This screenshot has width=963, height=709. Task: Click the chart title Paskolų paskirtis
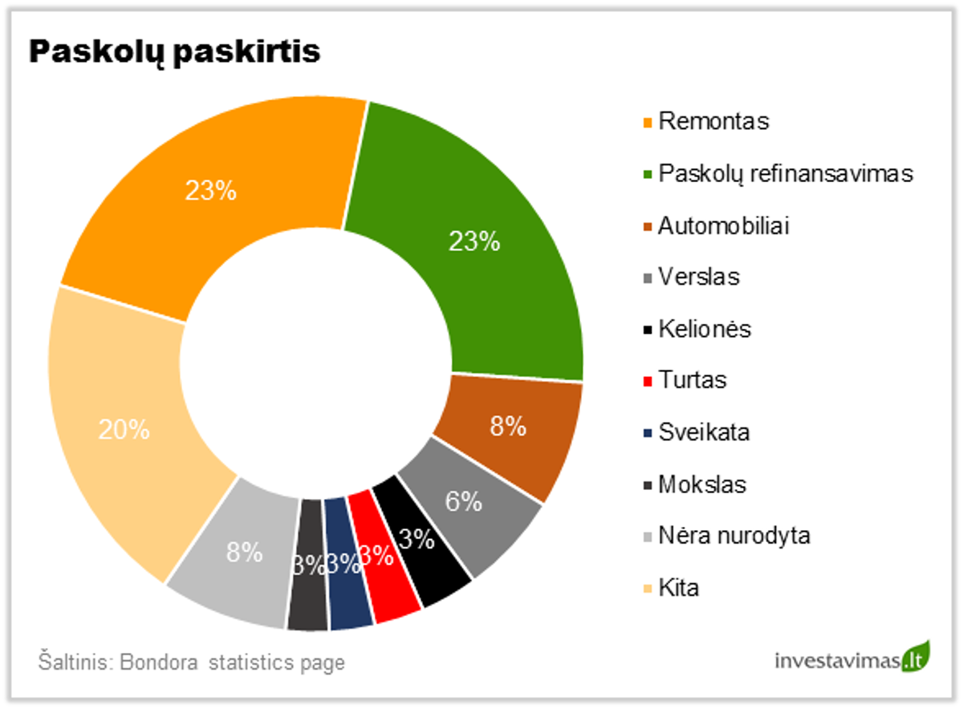click(x=175, y=51)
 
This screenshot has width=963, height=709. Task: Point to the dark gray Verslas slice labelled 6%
click(x=473, y=513)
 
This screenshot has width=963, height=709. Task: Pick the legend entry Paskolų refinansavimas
click(x=786, y=173)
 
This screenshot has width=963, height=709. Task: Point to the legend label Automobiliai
click(x=724, y=225)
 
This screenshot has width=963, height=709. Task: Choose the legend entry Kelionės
click(x=705, y=329)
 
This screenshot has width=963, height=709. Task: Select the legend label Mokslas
click(x=702, y=484)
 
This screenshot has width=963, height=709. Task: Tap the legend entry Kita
click(x=679, y=588)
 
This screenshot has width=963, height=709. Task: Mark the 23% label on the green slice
click(x=474, y=241)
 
